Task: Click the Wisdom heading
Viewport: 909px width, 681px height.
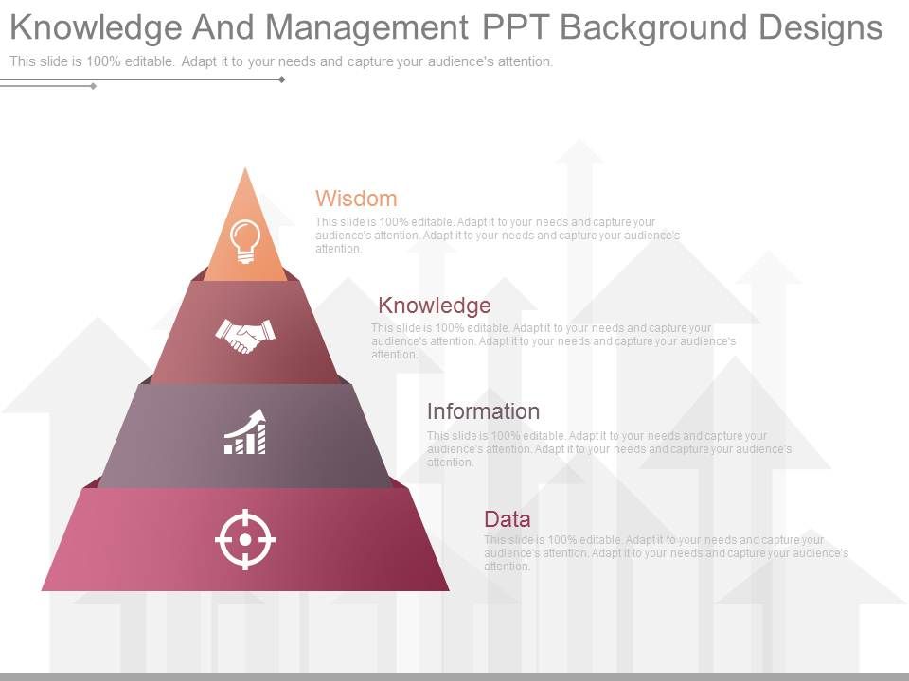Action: (x=356, y=199)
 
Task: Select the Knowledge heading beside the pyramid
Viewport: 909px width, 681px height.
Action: (x=434, y=306)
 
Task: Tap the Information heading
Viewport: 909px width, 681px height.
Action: (x=483, y=411)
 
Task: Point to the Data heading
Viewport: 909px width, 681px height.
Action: (x=507, y=519)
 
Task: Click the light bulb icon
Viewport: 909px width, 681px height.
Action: (x=245, y=240)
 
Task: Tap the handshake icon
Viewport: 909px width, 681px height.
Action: (x=245, y=335)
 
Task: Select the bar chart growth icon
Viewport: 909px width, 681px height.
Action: (x=245, y=433)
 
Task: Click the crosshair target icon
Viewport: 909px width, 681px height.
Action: (x=245, y=539)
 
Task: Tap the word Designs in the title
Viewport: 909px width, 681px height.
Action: (x=821, y=28)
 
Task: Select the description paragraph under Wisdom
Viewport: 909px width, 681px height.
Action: (x=497, y=236)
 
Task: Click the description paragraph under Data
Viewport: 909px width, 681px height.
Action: (x=666, y=553)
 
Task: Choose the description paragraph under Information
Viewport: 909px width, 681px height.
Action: (x=609, y=449)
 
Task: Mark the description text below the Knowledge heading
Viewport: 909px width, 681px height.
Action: (x=553, y=341)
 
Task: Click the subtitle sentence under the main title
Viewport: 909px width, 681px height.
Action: (x=281, y=61)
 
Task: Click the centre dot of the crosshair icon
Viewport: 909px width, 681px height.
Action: (x=245, y=539)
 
